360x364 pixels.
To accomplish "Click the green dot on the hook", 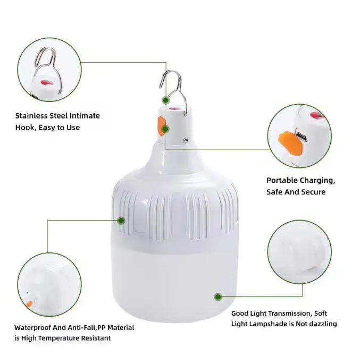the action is click(x=165, y=100).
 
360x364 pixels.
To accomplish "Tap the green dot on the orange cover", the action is click(x=165, y=129).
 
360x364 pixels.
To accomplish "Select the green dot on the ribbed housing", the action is click(x=121, y=221).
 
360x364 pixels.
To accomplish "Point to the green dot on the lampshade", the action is click(x=218, y=297).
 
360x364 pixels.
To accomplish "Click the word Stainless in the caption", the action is click(x=30, y=116).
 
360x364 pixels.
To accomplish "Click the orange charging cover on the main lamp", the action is click(x=161, y=126).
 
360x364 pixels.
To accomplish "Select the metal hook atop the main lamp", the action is click(x=173, y=92).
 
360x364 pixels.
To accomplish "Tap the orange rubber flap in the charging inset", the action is click(x=290, y=143).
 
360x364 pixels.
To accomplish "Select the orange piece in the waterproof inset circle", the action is click(x=29, y=304).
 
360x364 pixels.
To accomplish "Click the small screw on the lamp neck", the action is click(x=186, y=140).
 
